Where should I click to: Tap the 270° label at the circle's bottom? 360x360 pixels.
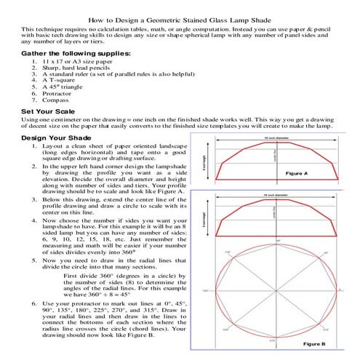273,339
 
